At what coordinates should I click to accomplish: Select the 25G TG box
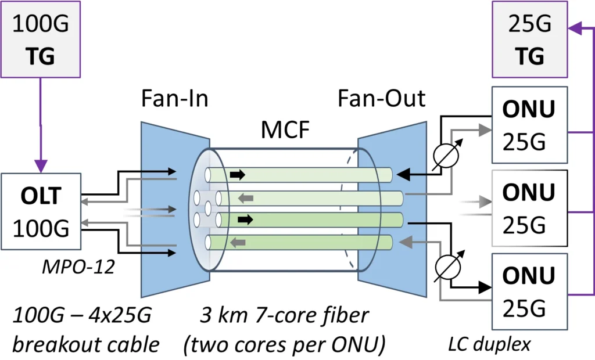point(529,39)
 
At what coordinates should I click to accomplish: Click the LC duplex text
point(489,344)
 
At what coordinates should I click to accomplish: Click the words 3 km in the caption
point(214,317)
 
